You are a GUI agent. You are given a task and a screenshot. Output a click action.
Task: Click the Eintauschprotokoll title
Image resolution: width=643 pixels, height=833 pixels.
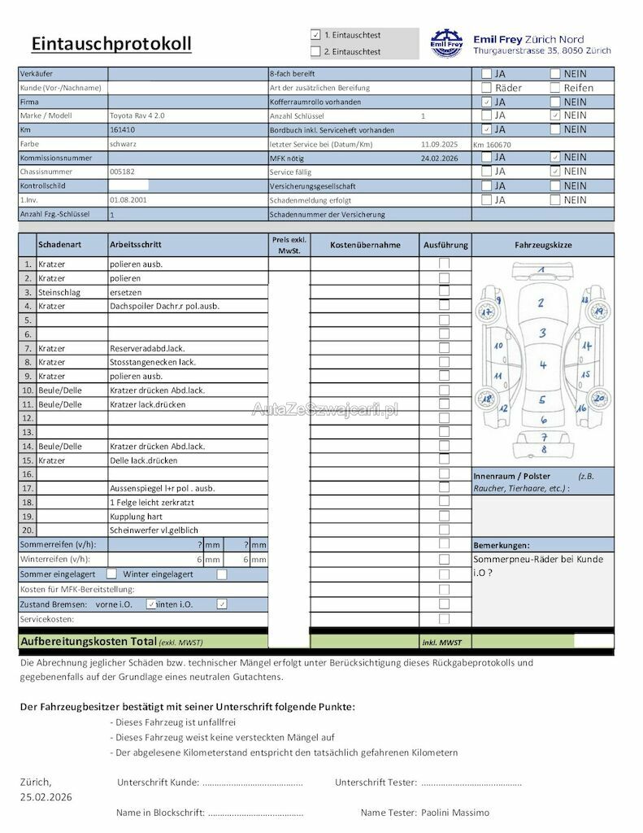point(111,43)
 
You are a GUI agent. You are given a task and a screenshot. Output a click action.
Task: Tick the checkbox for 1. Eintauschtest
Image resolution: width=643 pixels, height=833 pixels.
point(315,35)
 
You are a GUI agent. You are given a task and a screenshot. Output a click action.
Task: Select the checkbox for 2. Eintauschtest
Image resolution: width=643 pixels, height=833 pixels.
point(315,51)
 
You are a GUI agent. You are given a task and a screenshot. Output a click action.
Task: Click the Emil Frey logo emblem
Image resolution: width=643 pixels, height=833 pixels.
point(446,44)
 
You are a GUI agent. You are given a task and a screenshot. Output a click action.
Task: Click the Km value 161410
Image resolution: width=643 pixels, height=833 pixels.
point(122,129)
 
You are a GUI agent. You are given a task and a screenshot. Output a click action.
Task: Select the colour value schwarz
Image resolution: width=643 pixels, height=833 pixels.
point(123,144)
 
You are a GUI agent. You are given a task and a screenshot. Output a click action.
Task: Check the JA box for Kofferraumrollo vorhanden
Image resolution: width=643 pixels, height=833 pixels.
point(486,102)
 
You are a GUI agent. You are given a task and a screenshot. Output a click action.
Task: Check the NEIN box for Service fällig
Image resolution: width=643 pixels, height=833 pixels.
point(555,172)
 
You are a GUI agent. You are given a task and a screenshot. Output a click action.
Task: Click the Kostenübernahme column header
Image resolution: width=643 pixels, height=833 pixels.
point(365,245)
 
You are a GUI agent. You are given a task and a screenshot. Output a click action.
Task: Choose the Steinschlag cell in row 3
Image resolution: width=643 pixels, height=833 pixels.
point(55,292)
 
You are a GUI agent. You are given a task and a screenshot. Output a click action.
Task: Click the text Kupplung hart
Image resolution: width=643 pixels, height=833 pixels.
point(136,516)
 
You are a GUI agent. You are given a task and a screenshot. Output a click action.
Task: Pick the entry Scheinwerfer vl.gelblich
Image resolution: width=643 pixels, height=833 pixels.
point(154,530)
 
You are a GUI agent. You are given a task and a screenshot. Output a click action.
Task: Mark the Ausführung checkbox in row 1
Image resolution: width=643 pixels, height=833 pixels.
point(444,264)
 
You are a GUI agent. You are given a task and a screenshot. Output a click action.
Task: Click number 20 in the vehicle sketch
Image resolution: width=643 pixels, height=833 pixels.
point(598,399)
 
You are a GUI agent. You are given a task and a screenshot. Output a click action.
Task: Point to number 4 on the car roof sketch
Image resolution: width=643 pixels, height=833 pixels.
point(542,365)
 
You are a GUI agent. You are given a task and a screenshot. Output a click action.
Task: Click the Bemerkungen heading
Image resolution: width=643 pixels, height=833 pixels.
point(501,545)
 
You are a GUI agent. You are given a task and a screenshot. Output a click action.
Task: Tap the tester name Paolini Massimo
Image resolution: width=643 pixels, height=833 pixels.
point(456,812)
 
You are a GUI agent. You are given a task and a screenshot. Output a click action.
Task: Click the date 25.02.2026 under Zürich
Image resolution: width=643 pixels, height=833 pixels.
point(46,797)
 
